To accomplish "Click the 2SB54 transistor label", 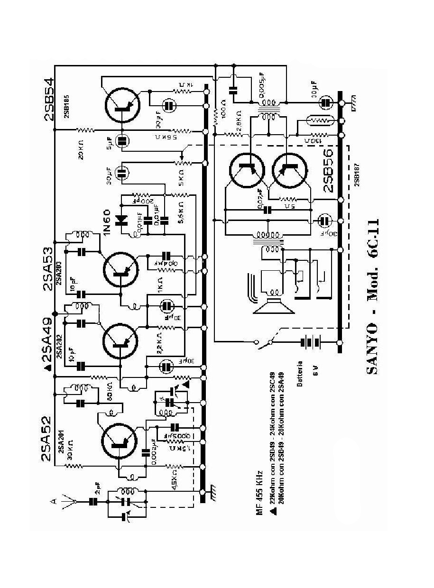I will (x=49, y=99).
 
